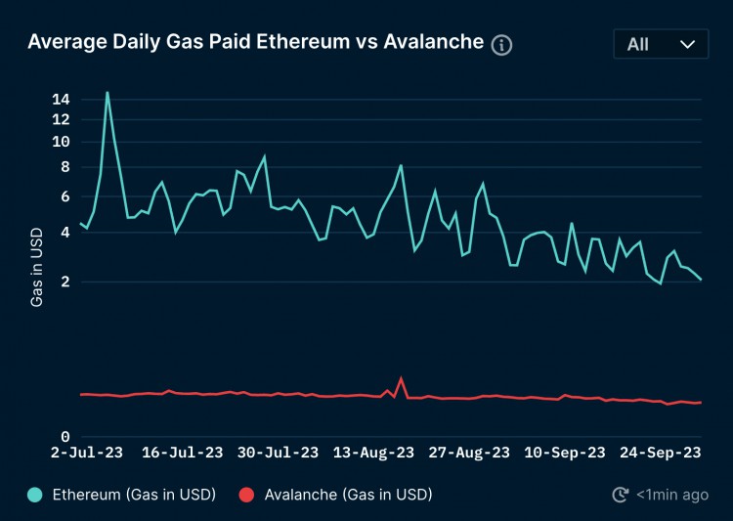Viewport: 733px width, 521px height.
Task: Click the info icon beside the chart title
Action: pos(501,45)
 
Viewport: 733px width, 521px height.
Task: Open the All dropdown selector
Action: pos(661,44)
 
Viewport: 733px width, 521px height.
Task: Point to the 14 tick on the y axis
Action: pos(61,99)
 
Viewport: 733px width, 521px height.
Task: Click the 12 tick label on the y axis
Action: pos(61,119)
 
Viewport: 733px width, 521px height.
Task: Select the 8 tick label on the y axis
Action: pos(65,167)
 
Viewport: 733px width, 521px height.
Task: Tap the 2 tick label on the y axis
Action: pos(65,282)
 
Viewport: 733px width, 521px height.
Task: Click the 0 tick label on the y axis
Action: pos(65,437)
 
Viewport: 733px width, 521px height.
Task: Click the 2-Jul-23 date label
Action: pos(87,453)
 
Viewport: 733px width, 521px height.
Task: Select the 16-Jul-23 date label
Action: pos(183,453)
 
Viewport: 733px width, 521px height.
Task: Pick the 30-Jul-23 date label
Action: pos(279,453)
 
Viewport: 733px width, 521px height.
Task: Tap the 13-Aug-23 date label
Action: pos(374,453)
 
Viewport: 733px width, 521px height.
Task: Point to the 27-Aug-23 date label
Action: pos(470,453)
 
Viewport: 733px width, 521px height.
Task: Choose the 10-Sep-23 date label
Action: pos(566,453)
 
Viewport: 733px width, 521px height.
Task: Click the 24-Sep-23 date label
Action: pos(662,453)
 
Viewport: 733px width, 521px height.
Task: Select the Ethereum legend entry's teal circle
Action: pos(35,495)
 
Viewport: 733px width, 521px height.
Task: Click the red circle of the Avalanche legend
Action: pos(247,495)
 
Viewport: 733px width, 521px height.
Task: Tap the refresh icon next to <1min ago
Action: pos(620,495)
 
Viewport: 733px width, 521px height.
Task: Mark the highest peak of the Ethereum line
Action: pos(107,93)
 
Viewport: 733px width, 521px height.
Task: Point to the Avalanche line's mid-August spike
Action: pos(401,378)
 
